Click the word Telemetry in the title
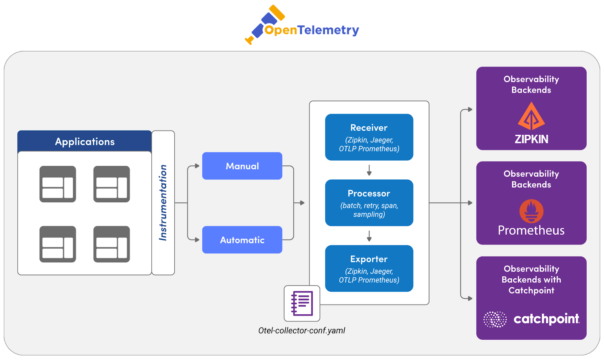(328, 30)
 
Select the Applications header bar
(85, 142)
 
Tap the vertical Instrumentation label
(163, 203)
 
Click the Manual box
(242, 166)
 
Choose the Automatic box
(242, 240)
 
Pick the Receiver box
(369, 137)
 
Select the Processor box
(369, 203)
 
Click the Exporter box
(369, 268)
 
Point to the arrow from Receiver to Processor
(369, 170)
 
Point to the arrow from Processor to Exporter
(369, 236)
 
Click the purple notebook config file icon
(302, 303)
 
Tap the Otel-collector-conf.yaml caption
(302, 331)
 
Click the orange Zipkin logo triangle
(531, 117)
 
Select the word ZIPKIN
(531, 139)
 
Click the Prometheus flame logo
(531, 211)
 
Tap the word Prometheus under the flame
(531, 230)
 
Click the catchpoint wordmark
(546, 319)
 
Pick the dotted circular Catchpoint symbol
(495, 319)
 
